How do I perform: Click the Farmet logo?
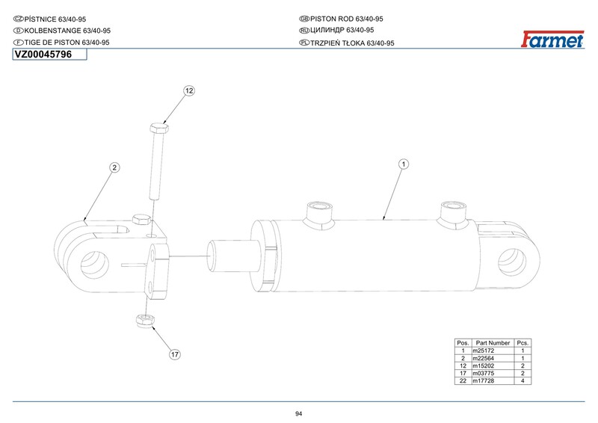point(552,40)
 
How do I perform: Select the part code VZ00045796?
point(43,55)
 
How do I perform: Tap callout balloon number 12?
point(189,90)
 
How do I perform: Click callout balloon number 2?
point(114,167)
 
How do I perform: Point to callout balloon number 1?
point(404,164)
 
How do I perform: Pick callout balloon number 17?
point(175,354)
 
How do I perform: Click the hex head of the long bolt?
point(159,128)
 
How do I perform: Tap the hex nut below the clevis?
point(145,321)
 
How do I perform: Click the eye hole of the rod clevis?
point(95,265)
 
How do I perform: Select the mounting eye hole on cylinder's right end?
point(512,262)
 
